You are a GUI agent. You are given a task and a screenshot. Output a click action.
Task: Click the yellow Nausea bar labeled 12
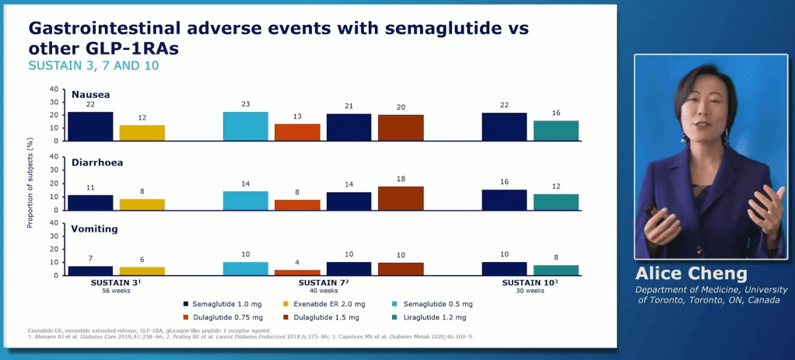(142, 132)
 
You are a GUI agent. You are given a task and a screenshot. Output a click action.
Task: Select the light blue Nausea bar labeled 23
(245, 126)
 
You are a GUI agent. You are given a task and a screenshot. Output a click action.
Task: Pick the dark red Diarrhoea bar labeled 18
(401, 198)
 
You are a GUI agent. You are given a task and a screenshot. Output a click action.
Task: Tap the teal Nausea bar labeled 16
(556, 131)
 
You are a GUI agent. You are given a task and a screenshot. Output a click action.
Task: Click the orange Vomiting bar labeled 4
(297, 272)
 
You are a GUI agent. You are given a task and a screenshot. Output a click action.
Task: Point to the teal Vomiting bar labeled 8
(556, 270)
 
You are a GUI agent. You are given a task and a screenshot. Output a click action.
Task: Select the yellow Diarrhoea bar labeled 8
(142, 204)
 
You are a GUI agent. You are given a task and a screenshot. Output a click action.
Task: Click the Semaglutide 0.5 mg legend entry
(437, 304)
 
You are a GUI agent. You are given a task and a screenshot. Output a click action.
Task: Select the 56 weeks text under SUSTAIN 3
(116, 291)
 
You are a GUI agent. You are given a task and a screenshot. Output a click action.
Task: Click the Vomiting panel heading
(94, 229)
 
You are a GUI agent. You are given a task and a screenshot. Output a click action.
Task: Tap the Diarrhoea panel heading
(97, 163)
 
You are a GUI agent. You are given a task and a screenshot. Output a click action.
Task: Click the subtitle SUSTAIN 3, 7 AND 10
(93, 65)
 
